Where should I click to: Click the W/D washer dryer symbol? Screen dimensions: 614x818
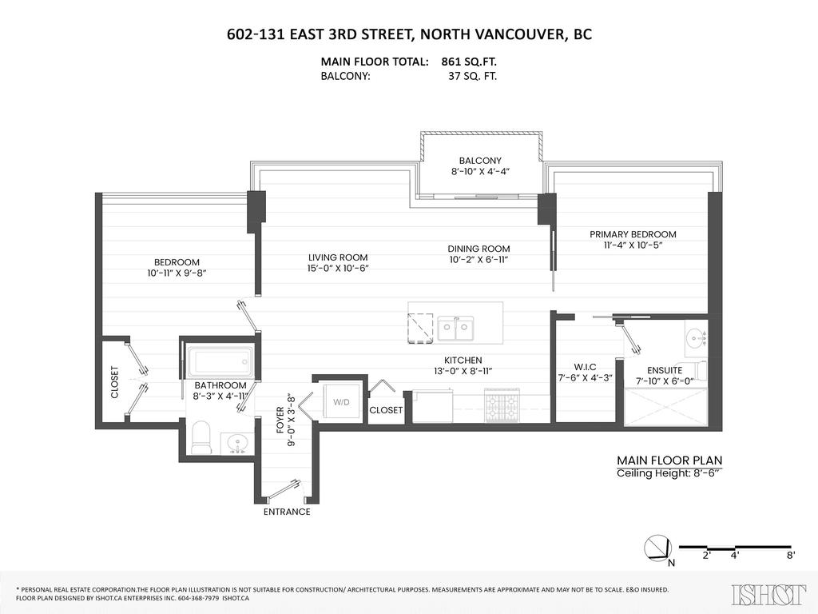tap(340, 402)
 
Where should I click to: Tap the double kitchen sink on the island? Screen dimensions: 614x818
tap(456, 328)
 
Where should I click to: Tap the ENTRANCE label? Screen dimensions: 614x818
tap(287, 512)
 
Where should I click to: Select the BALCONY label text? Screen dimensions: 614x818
tap(480, 161)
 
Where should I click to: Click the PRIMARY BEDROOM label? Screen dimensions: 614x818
tap(633, 234)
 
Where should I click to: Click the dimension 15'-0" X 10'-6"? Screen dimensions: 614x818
tap(338, 269)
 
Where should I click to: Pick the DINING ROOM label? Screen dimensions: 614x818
tap(478, 249)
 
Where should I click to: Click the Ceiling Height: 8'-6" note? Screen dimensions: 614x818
tap(669, 473)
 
